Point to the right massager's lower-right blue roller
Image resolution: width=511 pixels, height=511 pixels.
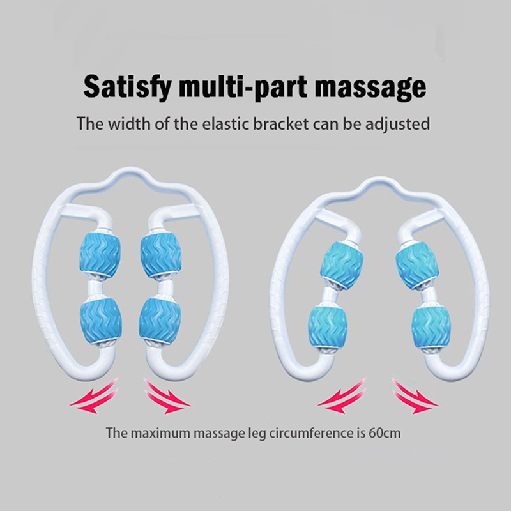425,326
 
